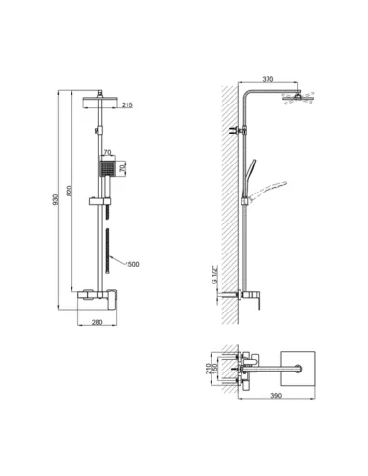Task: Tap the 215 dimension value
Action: coord(128,106)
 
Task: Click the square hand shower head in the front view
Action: coord(105,170)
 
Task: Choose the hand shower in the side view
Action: coord(253,174)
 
